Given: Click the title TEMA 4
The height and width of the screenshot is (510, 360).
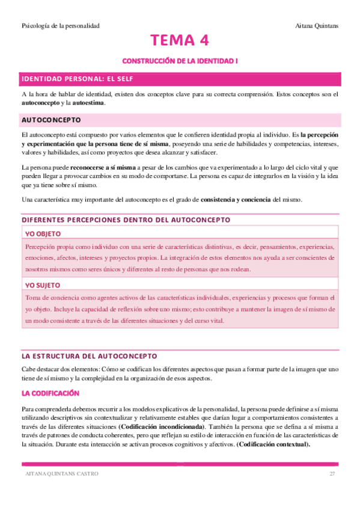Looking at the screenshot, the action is click(x=180, y=41).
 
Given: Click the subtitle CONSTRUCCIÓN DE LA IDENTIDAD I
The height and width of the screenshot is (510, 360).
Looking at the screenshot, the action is click(x=180, y=61).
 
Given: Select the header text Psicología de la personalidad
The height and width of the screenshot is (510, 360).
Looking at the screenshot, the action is click(x=60, y=25).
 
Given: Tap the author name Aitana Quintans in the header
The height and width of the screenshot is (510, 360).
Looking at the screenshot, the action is click(x=318, y=25).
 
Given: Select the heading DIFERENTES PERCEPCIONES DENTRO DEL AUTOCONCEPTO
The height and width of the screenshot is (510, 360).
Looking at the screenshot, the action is click(x=126, y=220).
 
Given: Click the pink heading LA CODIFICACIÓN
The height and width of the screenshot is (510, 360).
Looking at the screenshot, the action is click(x=50, y=393).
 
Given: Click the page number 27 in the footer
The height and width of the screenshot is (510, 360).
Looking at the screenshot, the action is click(x=332, y=474).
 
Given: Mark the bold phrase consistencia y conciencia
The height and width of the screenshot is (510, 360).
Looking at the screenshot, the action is click(x=236, y=199).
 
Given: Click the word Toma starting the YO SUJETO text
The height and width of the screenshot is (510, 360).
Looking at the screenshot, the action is click(x=32, y=298).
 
